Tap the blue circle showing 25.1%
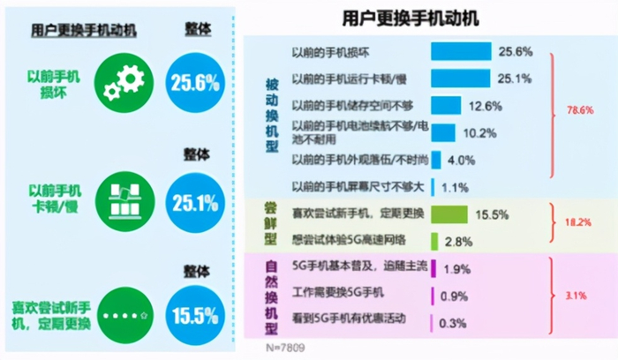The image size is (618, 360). click(x=194, y=203)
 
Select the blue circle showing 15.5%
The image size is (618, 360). click(x=194, y=314)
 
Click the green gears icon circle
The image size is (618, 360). click(x=124, y=82)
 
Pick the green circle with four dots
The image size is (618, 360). click(x=124, y=314)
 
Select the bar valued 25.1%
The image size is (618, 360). click(x=460, y=79)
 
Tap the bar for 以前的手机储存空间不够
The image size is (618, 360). click(x=446, y=106)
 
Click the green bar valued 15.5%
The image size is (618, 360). click(x=449, y=214)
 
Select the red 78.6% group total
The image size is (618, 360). click(x=578, y=110)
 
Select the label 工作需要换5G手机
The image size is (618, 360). click(x=338, y=295)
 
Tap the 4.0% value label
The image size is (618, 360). click(x=462, y=160)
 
